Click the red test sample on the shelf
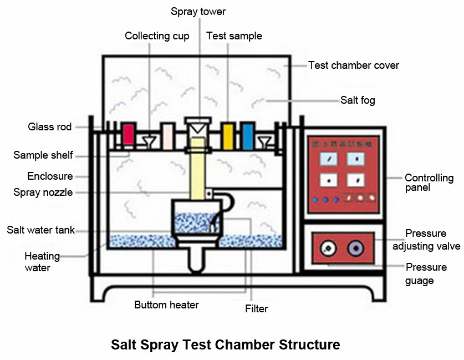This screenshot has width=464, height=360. point(128,134)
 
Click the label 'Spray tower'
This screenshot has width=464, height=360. point(198,11)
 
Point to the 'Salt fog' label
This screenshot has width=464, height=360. point(358,100)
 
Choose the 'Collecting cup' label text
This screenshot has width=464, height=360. point(157,36)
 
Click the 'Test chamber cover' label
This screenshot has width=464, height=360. point(353,65)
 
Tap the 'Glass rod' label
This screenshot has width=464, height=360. point(50,127)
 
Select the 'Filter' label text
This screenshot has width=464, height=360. point(256,308)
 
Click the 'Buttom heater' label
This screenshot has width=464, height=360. point(166,305)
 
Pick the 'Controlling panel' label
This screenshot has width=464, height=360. point(429,183)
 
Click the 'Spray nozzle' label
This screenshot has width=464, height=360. point(43,192)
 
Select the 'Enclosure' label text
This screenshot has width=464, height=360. point(50,176)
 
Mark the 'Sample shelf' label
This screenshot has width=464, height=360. point(43,155)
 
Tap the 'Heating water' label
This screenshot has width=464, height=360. point(42,262)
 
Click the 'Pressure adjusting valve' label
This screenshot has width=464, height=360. point(426,240)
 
